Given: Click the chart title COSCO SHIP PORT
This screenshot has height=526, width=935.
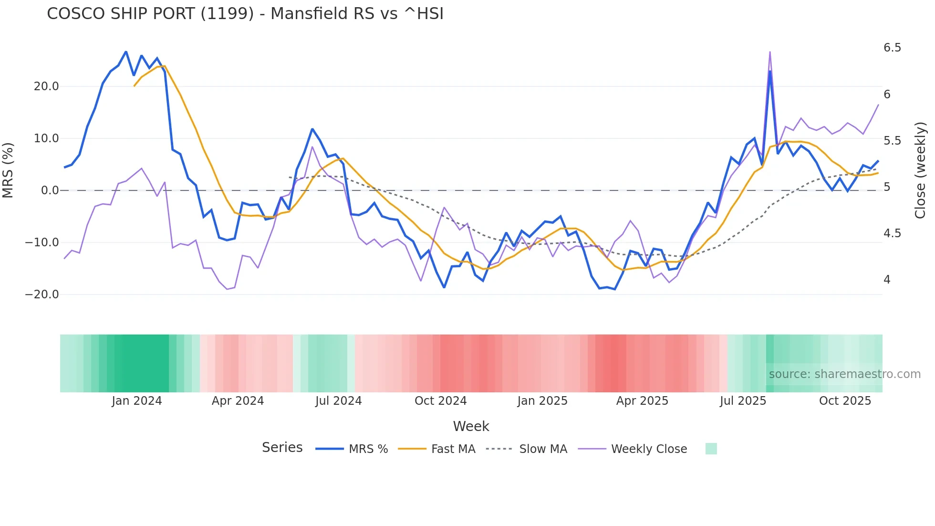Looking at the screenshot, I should [245, 14].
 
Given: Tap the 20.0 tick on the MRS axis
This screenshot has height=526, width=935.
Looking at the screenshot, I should [46, 86].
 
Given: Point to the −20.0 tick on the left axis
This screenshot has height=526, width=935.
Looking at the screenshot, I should [42, 295].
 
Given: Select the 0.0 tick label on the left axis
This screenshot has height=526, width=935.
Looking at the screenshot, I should [50, 190].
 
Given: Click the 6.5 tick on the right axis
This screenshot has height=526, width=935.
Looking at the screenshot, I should [892, 48].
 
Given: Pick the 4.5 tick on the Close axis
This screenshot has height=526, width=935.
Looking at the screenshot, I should [892, 233].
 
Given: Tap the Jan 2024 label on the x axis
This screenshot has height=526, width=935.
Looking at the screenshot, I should [137, 401].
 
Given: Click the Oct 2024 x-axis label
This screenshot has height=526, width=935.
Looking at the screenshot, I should [440, 401].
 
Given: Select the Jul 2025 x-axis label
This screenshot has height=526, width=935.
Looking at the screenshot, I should [743, 401].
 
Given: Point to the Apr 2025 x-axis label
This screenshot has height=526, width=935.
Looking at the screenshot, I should [642, 401].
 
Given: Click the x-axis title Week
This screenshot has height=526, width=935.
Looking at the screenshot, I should [471, 426].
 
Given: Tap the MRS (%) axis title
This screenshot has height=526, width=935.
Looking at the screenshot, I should [8, 170].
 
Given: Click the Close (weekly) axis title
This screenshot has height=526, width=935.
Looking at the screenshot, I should [920, 170].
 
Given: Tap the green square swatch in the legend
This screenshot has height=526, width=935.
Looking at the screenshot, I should [711, 449].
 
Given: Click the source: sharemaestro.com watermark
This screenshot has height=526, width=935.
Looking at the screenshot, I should [844, 374].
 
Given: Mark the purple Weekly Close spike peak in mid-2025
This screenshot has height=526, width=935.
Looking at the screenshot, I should [770, 52].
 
